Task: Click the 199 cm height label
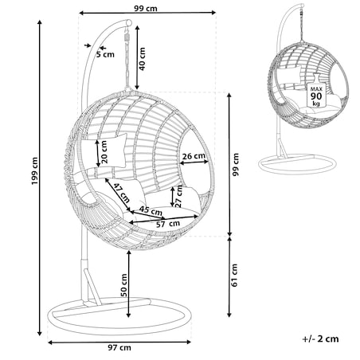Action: (34, 171)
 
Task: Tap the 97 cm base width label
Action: (119, 348)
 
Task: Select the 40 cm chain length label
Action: (142, 59)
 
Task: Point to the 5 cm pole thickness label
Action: (105, 55)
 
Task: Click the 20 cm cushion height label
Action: (104, 152)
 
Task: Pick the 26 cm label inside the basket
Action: (194, 156)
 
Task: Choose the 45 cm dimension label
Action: (151, 211)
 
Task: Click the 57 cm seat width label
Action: (168, 224)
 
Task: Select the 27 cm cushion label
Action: (179, 196)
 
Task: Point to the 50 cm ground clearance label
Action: (123, 285)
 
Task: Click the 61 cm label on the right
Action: (234, 275)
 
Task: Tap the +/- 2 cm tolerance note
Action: (320, 338)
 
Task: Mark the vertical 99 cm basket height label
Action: (236, 164)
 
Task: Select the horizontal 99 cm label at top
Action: (146, 9)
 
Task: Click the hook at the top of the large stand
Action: (129, 22)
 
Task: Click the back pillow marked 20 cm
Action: (104, 151)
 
